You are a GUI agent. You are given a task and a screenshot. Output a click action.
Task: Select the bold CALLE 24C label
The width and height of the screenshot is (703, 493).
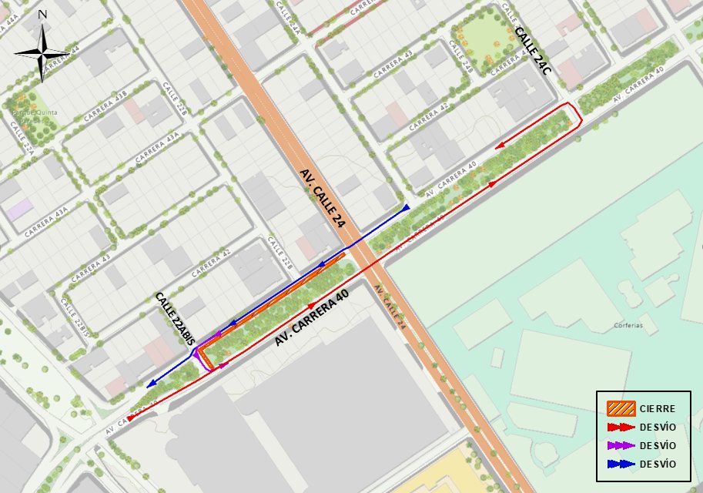(533, 50)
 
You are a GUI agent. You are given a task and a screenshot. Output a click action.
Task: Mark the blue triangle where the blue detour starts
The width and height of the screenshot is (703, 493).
(406, 208)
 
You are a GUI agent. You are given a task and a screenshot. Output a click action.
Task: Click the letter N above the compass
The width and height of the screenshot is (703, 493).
(42, 15)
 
